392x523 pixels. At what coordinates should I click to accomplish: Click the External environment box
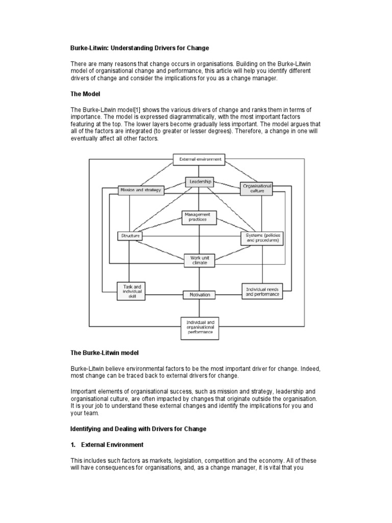(200, 159)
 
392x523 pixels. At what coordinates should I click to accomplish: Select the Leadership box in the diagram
(199, 181)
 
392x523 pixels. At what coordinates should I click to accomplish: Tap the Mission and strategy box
(140, 190)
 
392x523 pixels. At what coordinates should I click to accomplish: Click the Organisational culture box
(257, 188)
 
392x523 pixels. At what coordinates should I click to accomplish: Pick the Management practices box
(200, 217)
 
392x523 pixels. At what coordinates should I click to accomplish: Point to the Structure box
(130, 236)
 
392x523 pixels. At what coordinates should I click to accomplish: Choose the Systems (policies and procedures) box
(263, 237)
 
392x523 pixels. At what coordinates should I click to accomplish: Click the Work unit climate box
(199, 260)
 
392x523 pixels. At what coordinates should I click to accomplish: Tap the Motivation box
(200, 295)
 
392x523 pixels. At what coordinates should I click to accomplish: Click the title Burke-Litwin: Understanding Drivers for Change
(139, 48)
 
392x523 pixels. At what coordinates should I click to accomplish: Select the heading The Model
(85, 94)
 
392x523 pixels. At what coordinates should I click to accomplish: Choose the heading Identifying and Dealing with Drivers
(138, 429)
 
